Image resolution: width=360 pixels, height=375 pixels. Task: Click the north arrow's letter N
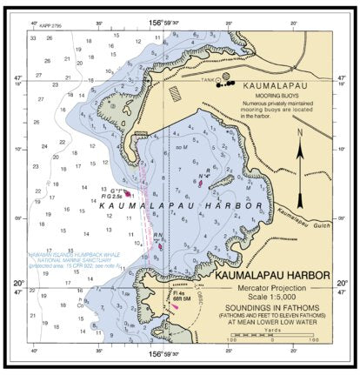[x=298, y=133]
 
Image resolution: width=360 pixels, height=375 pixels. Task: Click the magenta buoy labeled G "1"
[x=127, y=193]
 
